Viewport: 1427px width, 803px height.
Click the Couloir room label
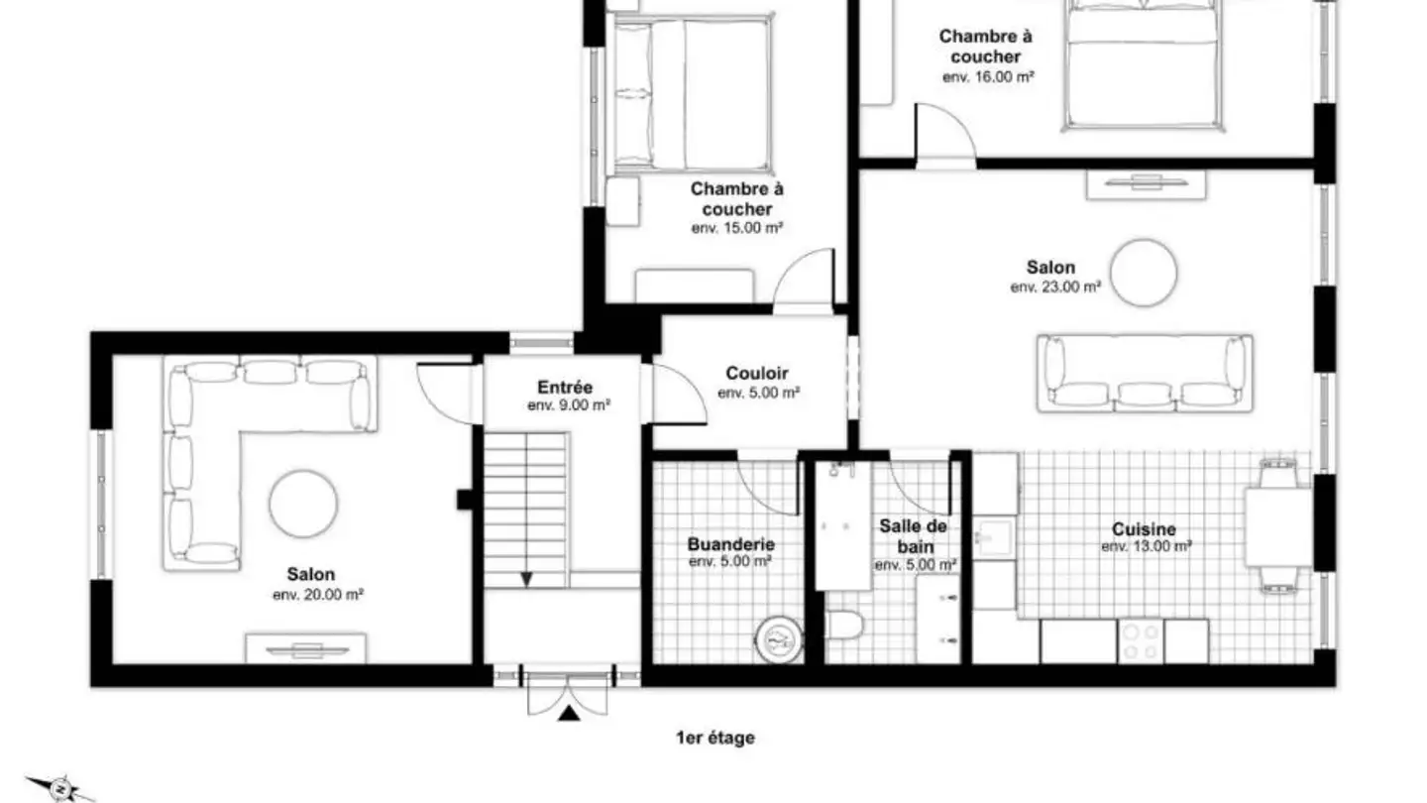point(757,373)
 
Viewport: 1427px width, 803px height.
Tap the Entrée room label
point(565,387)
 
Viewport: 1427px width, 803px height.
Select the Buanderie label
point(730,544)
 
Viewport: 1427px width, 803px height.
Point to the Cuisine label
point(1145,529)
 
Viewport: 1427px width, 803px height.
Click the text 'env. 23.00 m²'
point(1055,287)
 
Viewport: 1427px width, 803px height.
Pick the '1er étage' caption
point(715,738)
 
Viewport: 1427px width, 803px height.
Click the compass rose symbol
point(59,789)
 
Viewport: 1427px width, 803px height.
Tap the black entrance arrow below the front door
point(569,713)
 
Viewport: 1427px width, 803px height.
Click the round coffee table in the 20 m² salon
point(303,504)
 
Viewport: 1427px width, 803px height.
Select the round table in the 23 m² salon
point(1144,273)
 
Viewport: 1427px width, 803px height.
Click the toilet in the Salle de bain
point(844,626)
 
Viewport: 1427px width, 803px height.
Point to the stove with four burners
point(1141,641)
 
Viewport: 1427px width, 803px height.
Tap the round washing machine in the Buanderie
point(779,639)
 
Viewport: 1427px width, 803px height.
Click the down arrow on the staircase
point(526,579)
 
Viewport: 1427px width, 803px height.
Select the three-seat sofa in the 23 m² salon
point(1145,374)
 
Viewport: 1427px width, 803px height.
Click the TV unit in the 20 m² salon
point(306,648)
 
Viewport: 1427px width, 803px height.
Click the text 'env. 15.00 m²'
point(737,228)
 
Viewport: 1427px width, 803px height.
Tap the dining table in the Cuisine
point(1278,527)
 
